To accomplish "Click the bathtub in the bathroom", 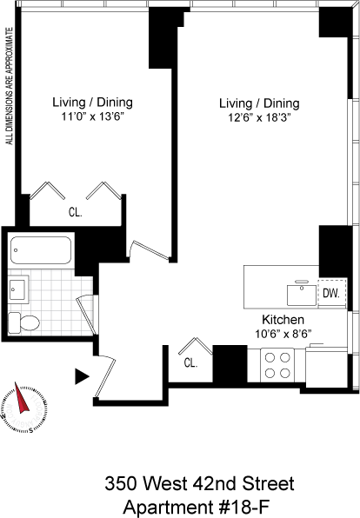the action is click(41, 250).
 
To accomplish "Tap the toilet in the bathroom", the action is click(23, 322).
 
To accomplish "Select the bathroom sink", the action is click(18, 289).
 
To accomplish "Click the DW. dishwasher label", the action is click(331, 293).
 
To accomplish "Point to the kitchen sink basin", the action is click(302, 295).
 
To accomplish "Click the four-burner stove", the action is click(277, 365).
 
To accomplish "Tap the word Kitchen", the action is click(283, 320).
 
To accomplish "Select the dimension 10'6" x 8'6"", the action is click(283, 334).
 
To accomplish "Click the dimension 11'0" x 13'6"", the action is click(92, 116).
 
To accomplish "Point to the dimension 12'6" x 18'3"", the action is click(259, 118).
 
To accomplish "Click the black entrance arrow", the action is click(82, 376).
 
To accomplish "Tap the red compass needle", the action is click(21, 398).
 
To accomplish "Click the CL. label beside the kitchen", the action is click(190, 363).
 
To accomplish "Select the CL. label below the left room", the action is click(76, 212).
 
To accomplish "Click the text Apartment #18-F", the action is click(197, 507).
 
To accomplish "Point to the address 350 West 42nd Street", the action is click(199, 483).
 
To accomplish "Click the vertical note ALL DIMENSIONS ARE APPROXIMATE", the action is click(10, 86).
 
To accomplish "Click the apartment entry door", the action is click(105, 377).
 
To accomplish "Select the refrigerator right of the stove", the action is click(326, 367).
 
